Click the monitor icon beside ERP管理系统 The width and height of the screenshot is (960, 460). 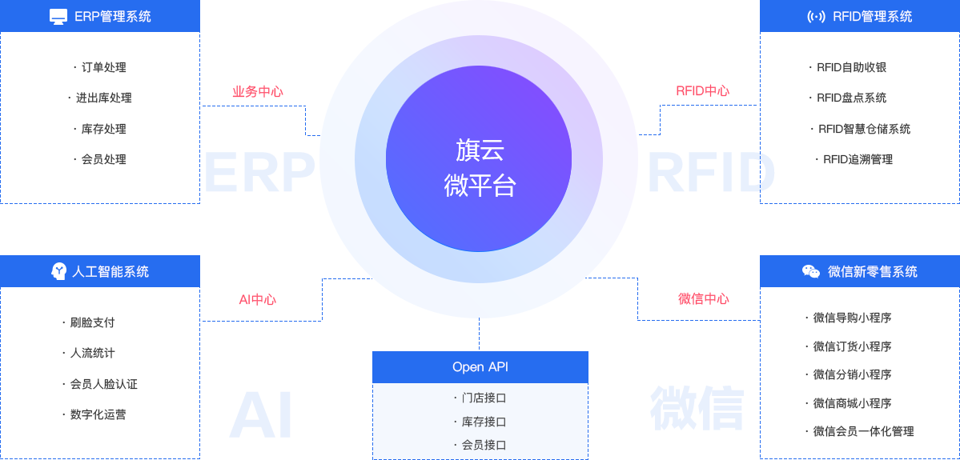pyautogui.click(x=58, y=17)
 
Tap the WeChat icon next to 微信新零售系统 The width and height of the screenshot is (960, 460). pyautogui.click(x=811, y=272)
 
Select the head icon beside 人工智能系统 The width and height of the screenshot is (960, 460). pyautogui.click(x=58, y=272)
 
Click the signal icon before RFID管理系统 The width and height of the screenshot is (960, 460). pyautogui.click(x=816, y=17)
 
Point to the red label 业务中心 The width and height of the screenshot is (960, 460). pyautogui.click(x=258, y=92)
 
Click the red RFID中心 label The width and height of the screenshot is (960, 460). pyautogui.click(x=702, y=91)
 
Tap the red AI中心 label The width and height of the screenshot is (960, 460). pyautogui.click(x=258, y=300)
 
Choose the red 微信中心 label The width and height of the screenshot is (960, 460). pyautogui.click(x=704, y=299)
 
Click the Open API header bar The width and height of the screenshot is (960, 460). pyautogui.click(x=480, y=367)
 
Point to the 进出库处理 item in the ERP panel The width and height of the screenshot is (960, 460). pyautogui.click(x=103, y=98)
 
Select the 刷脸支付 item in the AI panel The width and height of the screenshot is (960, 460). pyautogui.click(x=92, y=322)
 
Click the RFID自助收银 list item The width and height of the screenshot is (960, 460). pyautogui.click(x=851, y=68)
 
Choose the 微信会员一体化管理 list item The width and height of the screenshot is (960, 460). pyautogui.click(x=863, y=431)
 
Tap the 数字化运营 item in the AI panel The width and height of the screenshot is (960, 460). pyautogui.click(x=97, y=414)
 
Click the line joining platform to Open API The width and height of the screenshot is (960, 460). pyautogui.click(x=480, y=334)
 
